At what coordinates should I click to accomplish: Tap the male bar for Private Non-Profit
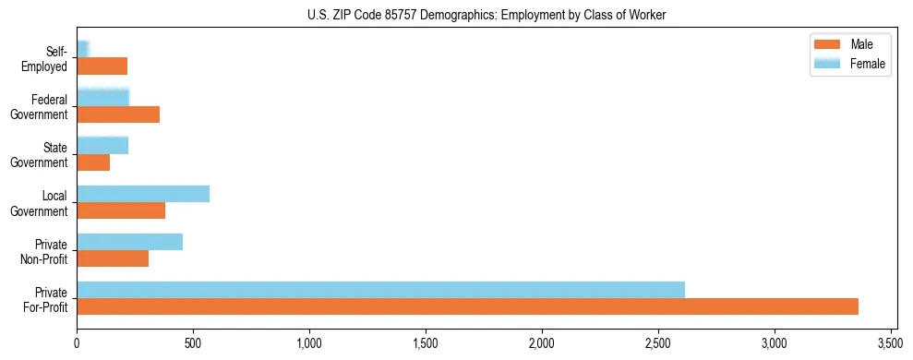pos(113,258)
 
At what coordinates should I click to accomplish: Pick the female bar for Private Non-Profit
pos(129,242)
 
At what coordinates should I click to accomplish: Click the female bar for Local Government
pos(143,194)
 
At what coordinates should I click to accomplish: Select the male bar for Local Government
pos(121,210)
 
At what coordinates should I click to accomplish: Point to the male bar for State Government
pos(93,162)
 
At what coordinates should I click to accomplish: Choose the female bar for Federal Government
pos(102,98)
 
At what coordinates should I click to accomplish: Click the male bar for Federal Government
pos(118,114)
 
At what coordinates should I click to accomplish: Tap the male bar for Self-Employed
pos(102,66)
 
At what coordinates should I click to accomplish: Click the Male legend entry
pos(849,44)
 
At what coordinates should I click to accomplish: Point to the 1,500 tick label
pos(426,344)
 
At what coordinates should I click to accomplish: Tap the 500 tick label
pos(193,344)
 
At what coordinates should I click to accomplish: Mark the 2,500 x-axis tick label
pos(658,344)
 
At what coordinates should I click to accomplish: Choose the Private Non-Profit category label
pos(42,251)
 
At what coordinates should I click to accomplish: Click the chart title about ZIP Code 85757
pos(487,16)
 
